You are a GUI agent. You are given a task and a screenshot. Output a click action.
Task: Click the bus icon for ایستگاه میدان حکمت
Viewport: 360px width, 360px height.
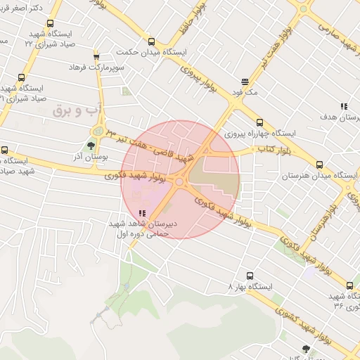pyautogui.click(x=151, y=41)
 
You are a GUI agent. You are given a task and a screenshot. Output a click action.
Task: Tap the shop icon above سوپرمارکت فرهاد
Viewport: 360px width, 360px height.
pyautogui.click(x=96, y=56)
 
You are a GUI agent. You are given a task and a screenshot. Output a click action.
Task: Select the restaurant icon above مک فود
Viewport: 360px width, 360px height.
pyautogui.click(x=245, y=82)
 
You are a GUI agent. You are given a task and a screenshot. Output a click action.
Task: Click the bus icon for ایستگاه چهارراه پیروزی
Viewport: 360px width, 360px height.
pyautogui.click(x=260, y=122)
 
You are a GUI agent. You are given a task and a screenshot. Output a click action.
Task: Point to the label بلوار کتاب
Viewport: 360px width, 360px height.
pyautogui.click(x=258, y=149)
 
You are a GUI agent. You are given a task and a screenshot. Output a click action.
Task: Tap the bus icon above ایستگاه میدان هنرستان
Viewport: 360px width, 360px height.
pyautogui.click(x=320, y=163)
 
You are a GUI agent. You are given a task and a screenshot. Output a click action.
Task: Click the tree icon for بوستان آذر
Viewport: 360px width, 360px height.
pyautogui.click(x=91, y=146)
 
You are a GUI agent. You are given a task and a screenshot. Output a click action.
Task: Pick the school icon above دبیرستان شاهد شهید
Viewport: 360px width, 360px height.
pyautogui.click(x=143, y=213)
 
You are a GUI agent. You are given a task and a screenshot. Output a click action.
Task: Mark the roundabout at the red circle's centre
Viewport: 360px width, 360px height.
pyautogui.click(x=180, y=181)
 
